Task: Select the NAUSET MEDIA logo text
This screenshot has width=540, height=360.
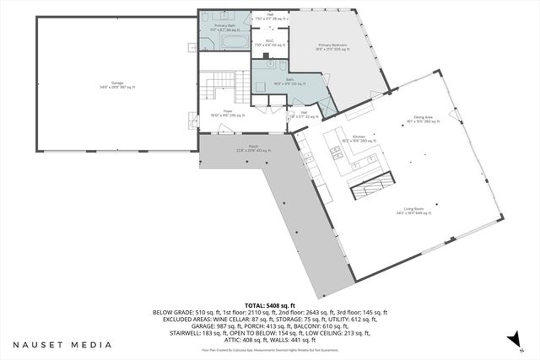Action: point(62,344)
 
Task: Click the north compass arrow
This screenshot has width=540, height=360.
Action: point(510,340)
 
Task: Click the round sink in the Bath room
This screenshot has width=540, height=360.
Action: point(269,64)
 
